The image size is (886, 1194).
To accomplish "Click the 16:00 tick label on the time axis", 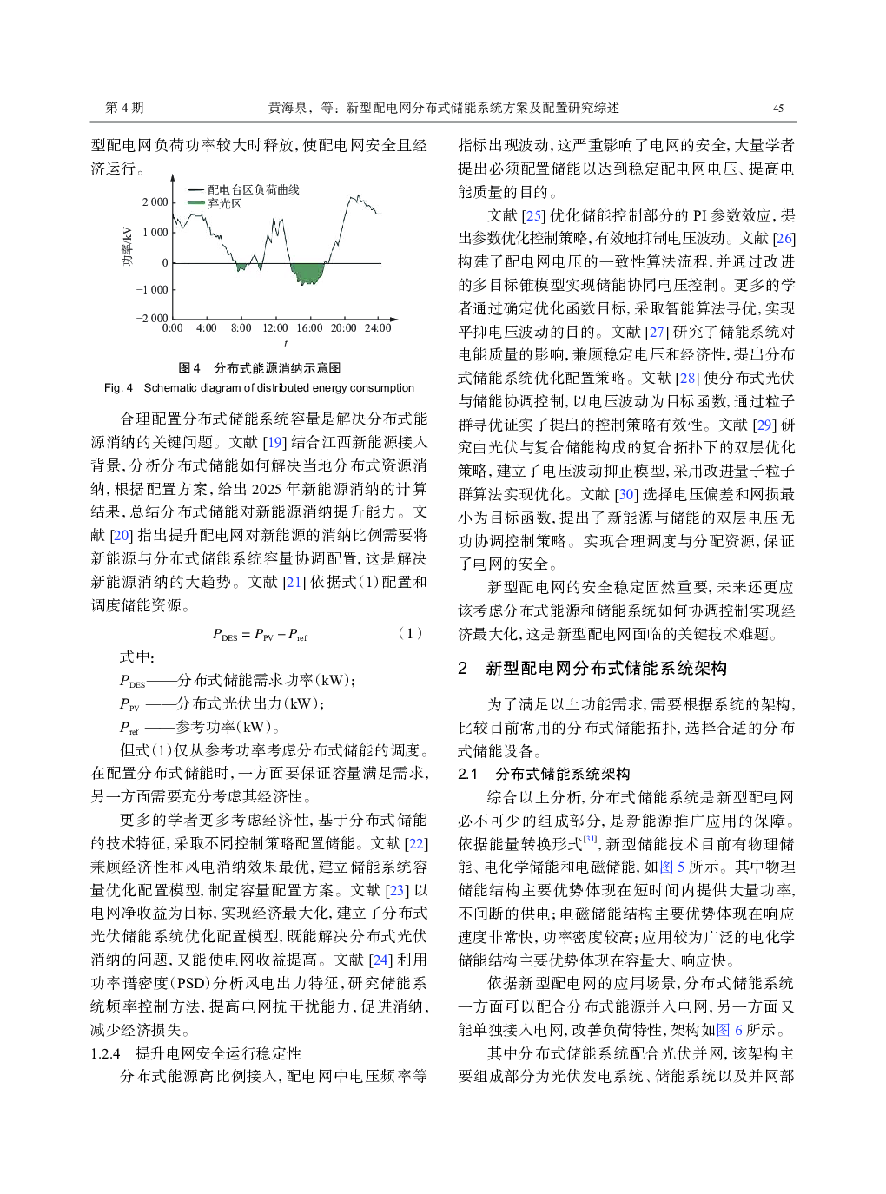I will click(x=309, y=328).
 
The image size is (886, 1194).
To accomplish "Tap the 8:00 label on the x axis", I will click(x=241, y=328).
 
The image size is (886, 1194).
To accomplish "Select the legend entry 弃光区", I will click(x=224, y=204).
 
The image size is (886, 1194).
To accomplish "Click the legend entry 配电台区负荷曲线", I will click(x=253, y=190).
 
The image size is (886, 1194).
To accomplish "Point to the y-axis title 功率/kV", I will click(x=128, y=246).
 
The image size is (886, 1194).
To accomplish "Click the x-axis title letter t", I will click(x=286, y=344).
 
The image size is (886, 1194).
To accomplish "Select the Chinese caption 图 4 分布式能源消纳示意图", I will click(x=260, y=368).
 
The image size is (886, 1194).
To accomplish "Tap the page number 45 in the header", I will click(x=778, y=109).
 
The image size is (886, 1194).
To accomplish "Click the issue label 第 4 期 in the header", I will click(x=124, y=108).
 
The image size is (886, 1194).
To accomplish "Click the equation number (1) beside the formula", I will click(x=410, y=633).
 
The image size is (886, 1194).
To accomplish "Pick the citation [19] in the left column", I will click(x=274, y=442).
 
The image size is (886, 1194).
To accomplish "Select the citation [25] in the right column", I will click(x=533, y=215).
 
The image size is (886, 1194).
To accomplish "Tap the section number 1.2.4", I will click(x=106, y=1053).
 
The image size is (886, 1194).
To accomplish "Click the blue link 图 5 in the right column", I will click(x=672, y=867).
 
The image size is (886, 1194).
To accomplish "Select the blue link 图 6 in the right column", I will click(x=730, y=1030).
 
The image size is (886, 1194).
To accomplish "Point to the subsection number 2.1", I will click(x=467, y=774).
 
